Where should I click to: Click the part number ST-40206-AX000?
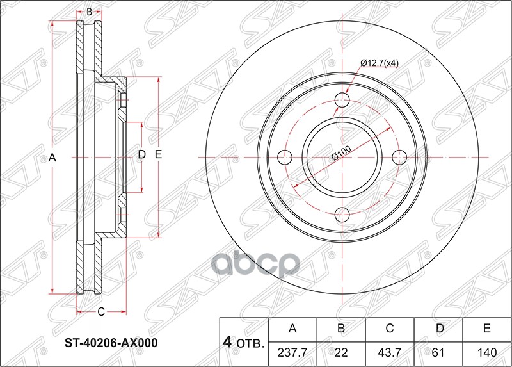click(x=112, y=343)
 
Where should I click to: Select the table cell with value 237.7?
click(x=292, y=352)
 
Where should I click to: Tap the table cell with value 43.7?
click(x=390, y=352)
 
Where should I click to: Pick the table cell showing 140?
click(x=487, y=352)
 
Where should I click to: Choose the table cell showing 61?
click(x=438, y=352)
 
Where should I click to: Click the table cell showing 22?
click(x=341, y=352)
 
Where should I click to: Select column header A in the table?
click(x=292, y=329)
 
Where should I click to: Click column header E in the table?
click(x=487, y=329)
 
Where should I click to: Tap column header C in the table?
click(x=390, y=329)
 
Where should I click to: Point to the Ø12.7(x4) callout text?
click(x=380, y=63)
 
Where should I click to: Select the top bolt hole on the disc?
click(x=343, y=100)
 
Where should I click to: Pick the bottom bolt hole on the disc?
click(x=343, y=214)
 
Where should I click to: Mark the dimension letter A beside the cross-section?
click(x=53, y=157)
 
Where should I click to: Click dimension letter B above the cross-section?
click(x=90, y=12)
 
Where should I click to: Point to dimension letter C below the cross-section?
click(x=100, y=312)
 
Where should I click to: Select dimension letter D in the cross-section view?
click(x=142, y=154)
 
